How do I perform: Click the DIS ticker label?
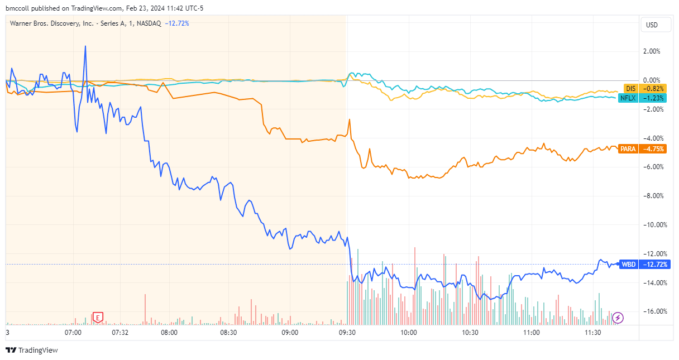tap(630, 89)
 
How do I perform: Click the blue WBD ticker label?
tap(628, 264)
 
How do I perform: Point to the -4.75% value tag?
tap(654, 149)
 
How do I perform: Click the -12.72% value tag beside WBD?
tap(655, 264)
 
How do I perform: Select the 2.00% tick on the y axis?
tap(652, 51)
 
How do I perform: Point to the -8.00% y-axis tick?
tap(651, 196)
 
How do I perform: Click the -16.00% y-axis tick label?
tap(651, 311)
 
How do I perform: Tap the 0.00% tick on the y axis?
tap(652, 80)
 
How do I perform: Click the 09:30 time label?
tap(348, 333)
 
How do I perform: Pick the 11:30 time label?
tap(593, 333)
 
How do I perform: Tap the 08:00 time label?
tap(169, 333)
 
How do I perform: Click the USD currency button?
tap(652, 25)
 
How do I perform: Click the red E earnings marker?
tap(98, 318)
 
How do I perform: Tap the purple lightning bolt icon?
tap(618, 318)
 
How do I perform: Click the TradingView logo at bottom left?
tap(32, 351)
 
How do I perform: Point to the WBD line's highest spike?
tap(85, 46)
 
